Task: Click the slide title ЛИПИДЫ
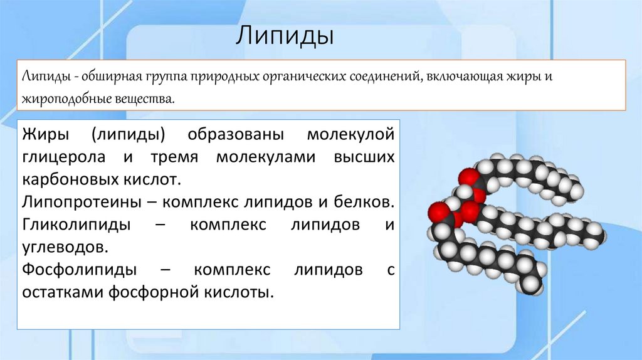pos(284,36)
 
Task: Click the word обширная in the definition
pos(104,77)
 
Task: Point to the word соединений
pos(384,77)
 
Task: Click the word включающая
pos(463,77)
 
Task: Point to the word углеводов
pos(63,247)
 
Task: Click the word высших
pos(365,157)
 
